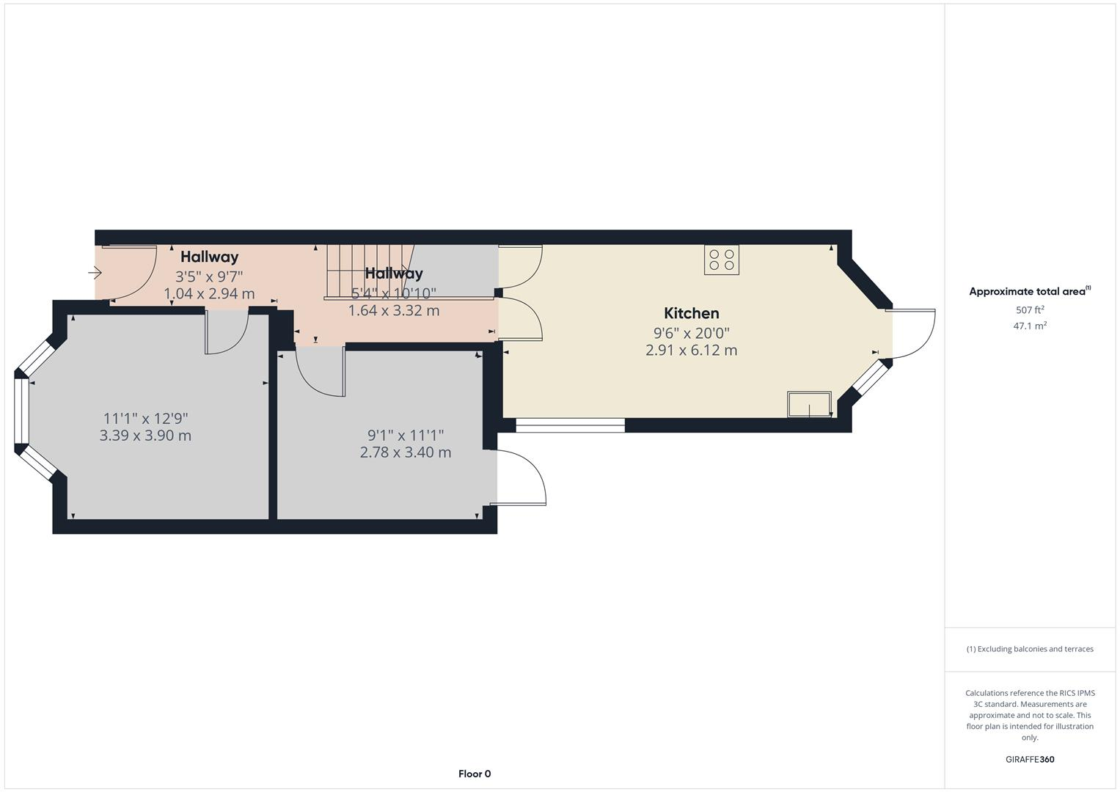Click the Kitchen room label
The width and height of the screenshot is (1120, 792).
(x=691, y=313)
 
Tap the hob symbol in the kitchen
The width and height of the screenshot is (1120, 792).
(x=721, y=260)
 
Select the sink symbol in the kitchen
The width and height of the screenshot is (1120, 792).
(x=809, y=404)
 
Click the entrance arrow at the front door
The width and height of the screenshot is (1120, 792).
(x=95, y=273)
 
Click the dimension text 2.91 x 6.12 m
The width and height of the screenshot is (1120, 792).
(x=691, y=351)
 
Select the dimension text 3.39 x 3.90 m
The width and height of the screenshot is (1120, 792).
(x=145, y=436)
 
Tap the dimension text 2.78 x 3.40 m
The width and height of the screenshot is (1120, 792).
(x=405, y=452)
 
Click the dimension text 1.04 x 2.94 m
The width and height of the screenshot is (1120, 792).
(x=209, y=294)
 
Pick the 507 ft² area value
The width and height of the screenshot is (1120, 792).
(x=1029, y=310)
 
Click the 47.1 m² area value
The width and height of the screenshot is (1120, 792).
(x=1029, y=326)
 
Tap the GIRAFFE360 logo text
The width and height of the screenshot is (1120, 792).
(x=1029, y=759)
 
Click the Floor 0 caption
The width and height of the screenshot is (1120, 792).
(x=475, y=774)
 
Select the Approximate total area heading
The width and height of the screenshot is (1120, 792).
(x=1029, y=291)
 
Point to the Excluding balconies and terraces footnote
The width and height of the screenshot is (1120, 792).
(x=1029, y=649)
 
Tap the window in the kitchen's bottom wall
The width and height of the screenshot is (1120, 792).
(x=570, y=425)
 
